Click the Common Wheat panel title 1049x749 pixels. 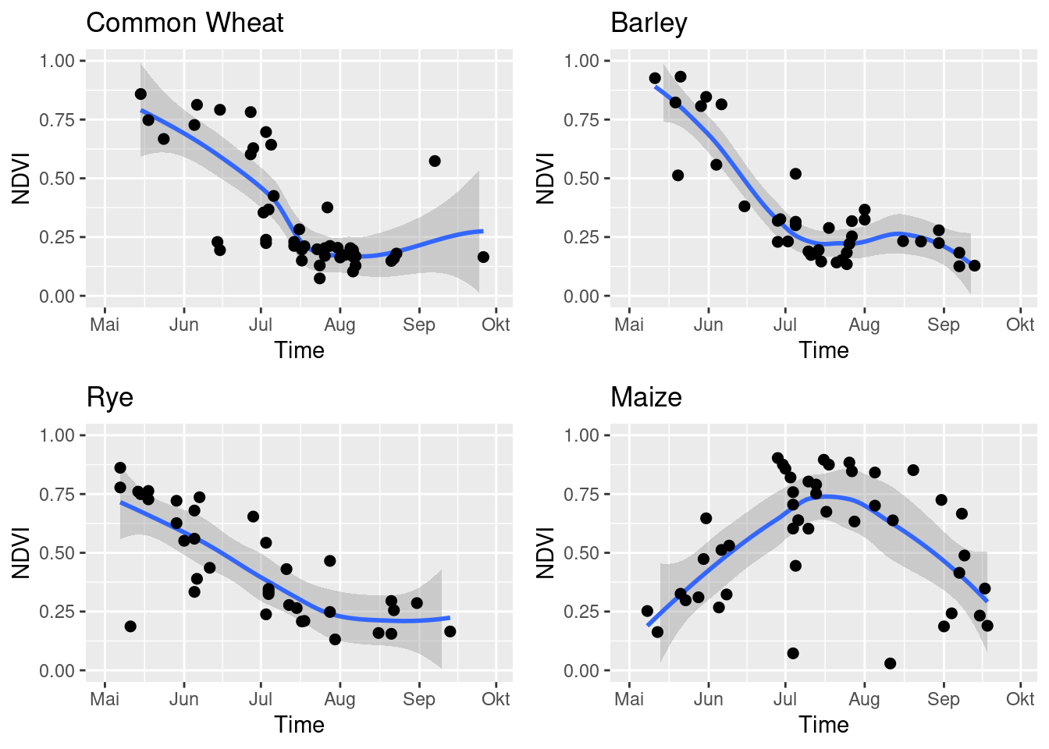tap(184, 23)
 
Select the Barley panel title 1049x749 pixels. tap(649, 23)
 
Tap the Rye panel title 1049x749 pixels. tap(109, 397)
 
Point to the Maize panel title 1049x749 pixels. tap(645, 397)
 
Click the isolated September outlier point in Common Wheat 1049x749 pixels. tap(435, 161)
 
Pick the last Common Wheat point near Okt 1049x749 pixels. tap(483, 257)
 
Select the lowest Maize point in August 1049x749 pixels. tap(890, 663)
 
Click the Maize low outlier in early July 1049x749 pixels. tap(793, 653)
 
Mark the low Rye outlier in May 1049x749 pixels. tap(130, 627)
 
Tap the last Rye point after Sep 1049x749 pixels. tap(450, 631)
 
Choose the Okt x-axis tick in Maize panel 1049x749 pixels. tap(1020, 699)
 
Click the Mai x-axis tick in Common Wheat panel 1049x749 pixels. tap(105, 325)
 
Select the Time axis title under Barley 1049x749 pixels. tap(823, 350)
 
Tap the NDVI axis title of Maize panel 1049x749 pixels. tap(546, 553)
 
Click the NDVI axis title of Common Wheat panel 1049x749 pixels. tap(21, 179)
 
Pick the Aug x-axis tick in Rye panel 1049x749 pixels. tap(340, 699)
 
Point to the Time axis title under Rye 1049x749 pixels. tap(299, 725)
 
